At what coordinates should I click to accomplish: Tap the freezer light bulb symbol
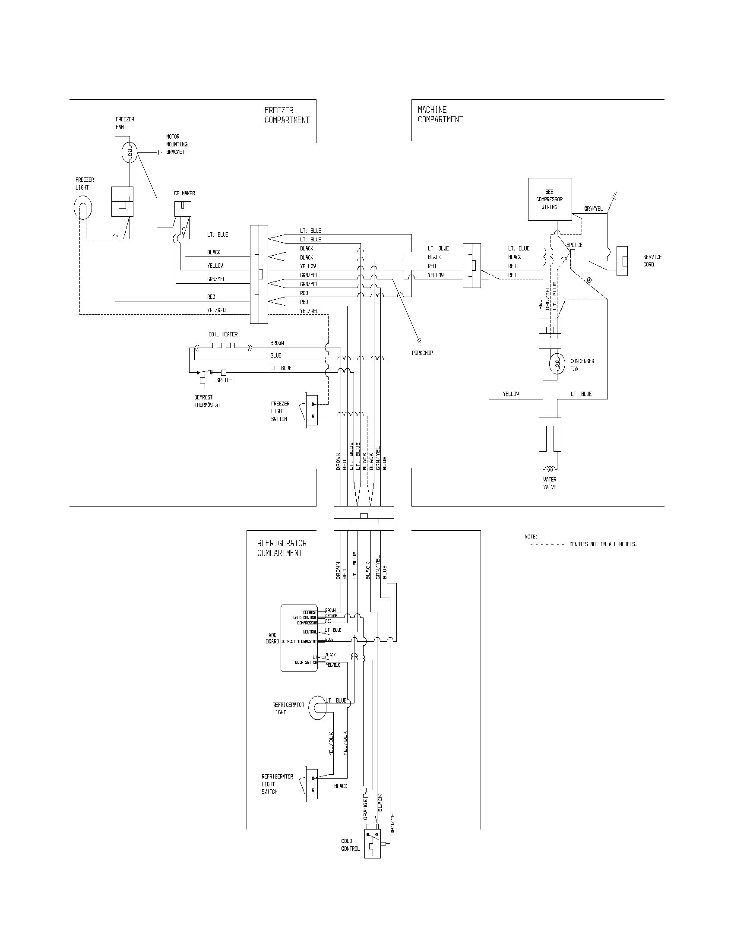tap(83, 209)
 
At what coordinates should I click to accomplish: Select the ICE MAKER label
tap(183, 193)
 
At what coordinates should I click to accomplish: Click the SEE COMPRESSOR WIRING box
tap(550, 199)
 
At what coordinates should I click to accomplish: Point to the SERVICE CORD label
tap(652, 260)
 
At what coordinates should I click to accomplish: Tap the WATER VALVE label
tap(550, 483)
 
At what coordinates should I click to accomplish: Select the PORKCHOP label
tap(422, 353)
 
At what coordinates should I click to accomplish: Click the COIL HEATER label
tap(223, 334)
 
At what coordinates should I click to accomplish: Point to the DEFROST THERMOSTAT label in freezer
tap(207, 401)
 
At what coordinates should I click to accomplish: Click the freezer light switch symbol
tap(311, 411)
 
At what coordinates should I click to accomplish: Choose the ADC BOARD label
tap(272, 639)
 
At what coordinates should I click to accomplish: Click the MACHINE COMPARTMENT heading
tap(440, 114)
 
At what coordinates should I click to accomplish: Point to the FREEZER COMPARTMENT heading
tap(287, 115)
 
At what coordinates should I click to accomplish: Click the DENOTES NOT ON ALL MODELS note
tap(603, 544)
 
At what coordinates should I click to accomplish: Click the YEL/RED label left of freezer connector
tap(216, 310)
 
